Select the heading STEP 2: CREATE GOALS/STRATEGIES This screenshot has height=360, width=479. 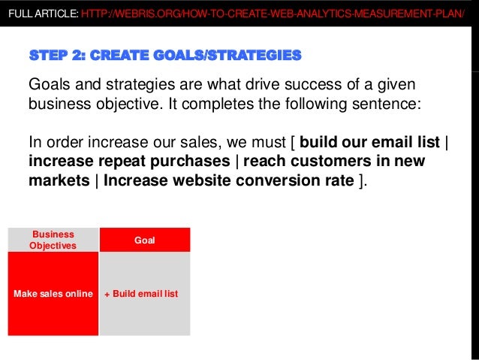(x=164, y=55)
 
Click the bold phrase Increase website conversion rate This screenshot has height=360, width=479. (x=229, y=181)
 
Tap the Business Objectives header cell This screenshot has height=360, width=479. (x=53, y=240)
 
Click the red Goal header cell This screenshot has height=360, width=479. (x=144, y=240)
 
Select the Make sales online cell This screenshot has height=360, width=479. (x=53, y=293)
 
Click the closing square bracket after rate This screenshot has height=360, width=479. (x=363, y=181)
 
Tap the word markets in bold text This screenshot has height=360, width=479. (x=59, y=181)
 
